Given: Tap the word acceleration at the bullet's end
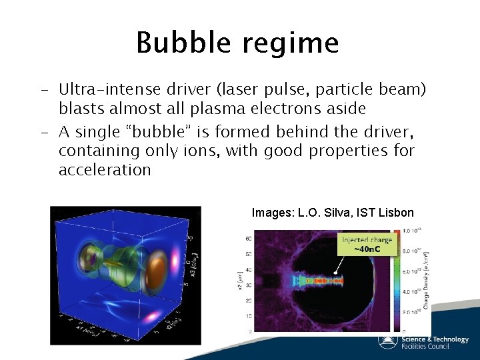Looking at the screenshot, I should pos(105,170).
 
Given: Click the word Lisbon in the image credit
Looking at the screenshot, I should pos(396,213).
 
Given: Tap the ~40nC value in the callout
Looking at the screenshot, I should pos(367,249).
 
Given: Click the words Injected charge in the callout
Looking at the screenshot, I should pos(367,239).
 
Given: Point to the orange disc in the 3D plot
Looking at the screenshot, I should pos(158,270).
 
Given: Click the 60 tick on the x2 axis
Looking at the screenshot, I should pos(248,237).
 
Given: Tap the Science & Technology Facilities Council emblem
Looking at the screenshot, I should pos(387,340).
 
